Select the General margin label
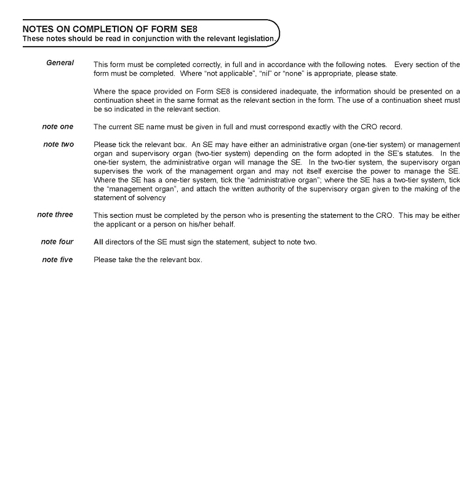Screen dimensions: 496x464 coord(60,63)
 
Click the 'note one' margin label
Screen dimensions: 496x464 coord(57,127)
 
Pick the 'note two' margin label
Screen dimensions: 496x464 coord(58,145)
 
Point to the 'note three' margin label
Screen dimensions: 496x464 coord(55,215)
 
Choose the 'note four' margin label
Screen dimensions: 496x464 coord(57,242)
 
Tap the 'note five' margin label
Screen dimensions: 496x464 coord(57,260)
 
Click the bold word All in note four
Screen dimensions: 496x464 coord(98,242)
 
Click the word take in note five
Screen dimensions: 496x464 coord(124,260)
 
